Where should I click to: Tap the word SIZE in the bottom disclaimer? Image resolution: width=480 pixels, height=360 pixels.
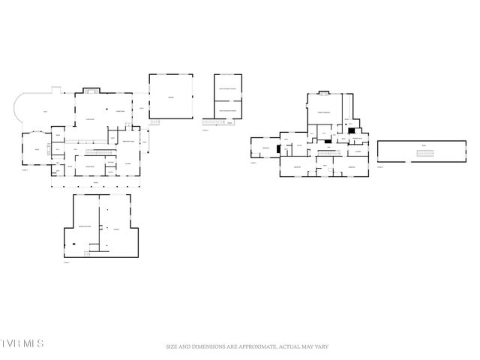172,346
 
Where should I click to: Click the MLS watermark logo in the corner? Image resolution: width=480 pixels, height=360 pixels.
22,343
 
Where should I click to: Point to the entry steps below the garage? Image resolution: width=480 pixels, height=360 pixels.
156,121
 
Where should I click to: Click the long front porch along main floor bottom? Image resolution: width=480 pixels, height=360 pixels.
95,181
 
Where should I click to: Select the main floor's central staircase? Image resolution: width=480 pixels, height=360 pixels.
94,141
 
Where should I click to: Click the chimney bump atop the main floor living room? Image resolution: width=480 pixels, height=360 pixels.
91,91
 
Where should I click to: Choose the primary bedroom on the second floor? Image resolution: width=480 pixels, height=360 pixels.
323,112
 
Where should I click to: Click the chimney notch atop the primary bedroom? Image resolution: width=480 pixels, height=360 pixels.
323,94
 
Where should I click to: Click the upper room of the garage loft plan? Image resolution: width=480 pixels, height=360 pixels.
227,88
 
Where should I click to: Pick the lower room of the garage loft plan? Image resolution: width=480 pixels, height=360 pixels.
227,109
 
